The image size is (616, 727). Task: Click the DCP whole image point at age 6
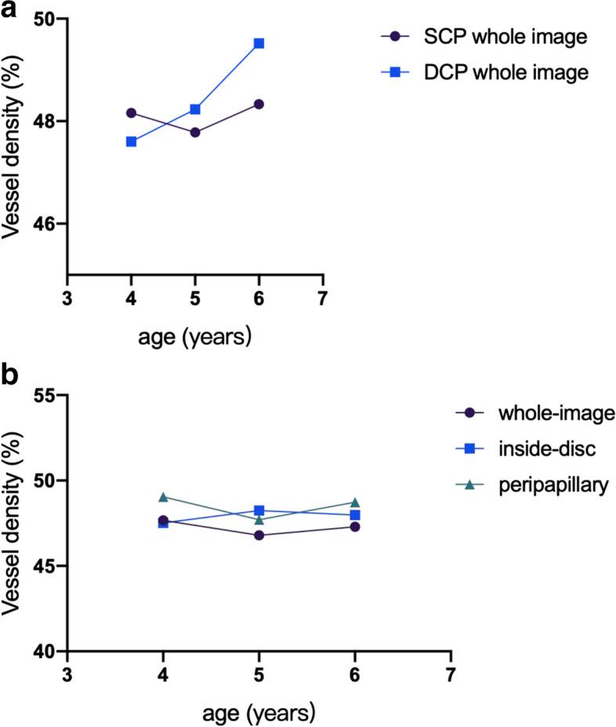point(259,43)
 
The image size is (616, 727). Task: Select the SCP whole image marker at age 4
point(132,112)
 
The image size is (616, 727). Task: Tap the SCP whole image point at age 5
point(195,133)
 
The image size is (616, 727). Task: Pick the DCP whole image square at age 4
point(132,142)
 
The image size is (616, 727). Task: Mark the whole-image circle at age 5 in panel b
point(259,535)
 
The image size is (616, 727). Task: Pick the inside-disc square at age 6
point(355,515)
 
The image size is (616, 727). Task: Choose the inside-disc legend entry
point(529,449)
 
